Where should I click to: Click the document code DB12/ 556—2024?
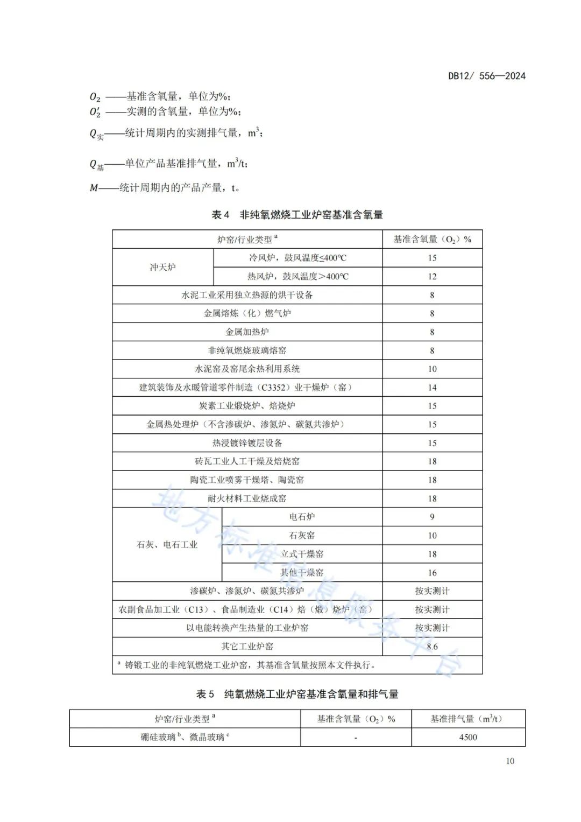pos(486,76)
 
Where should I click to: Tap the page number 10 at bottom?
pos(509,761)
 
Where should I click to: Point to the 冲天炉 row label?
pos(162,267)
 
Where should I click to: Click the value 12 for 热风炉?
pos(432,277)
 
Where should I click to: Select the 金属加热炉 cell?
pos(247,332)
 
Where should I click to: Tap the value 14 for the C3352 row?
pos(432,388)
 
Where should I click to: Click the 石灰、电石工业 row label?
pos(167,545)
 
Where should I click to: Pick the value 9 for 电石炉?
pos(432,517)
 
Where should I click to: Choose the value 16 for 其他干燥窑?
pos(432,573)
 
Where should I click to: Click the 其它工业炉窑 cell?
pos(247,647)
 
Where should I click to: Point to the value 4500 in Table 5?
pos(467,737)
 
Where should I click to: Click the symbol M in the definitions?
pos(94,188)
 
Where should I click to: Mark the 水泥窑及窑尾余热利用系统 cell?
pos(247,369)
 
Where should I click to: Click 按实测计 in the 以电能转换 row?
pos(432,628)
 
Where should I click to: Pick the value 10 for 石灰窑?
pos(432,536)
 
